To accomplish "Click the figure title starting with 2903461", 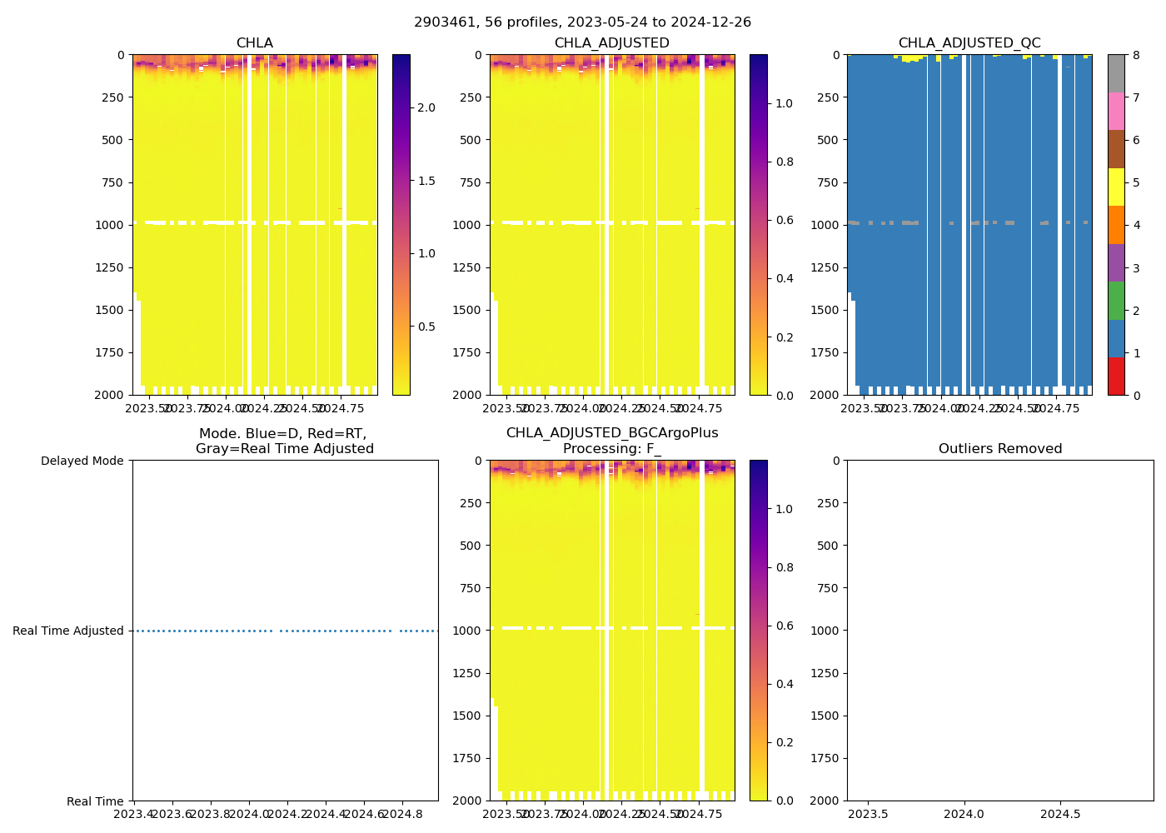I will pyautogui.click(x=583, y=22).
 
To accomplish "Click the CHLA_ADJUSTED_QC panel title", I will pyautogui.click(x=969, y=43).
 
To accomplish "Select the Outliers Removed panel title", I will pyautogui.click(x=1000, y=449).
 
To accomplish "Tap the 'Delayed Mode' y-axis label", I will pyautogui.click(x=82, y=461).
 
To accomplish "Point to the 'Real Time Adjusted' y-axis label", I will pyautogui.click(x=68, y=631).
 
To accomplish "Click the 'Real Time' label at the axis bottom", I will pyautogui.click(x=95, y=801).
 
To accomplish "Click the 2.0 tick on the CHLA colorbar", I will pyautogui.click(x=426, y=107).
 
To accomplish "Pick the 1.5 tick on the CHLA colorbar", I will pyautogui.click(x=426, y=181).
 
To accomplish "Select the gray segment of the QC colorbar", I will pyautogui.click(x=1116, y=73).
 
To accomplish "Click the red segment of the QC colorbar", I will pyautogui.click(x=1116, y=377).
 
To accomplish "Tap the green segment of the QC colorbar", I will pyautogui.click(x=1116, y=301).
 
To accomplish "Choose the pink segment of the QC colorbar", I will pyautogui.click(x=1116, y=111).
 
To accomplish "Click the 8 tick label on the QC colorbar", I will pyautogui.click(x=1135, y=55).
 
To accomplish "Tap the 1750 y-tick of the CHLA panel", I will pyautogui.click(x=111, y=352).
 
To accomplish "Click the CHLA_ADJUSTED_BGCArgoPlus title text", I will pyautogui.click(x=612, y=433).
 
